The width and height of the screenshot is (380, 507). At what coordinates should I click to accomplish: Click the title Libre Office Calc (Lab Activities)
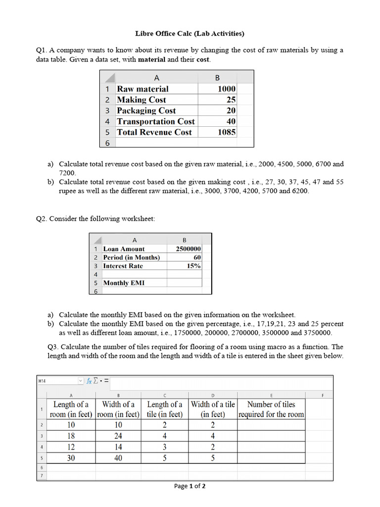(x=190, y=34)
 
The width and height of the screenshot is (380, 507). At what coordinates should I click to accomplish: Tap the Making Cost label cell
(x=142, y=100)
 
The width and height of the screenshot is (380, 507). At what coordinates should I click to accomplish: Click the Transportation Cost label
(x=155, y=121)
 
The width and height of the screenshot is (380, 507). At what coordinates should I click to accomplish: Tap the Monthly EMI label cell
(x=124, y=283)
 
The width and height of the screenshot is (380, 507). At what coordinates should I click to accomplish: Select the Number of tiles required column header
(x=271, y=409)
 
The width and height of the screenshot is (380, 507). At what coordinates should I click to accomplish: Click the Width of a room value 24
(x=118, y=436)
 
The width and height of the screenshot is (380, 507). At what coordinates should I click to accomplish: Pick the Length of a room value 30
(x=71, y=458)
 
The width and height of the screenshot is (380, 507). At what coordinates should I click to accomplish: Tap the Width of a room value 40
(x=118, y=458)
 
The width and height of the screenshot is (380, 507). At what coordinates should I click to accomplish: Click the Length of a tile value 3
(x=165, y=447)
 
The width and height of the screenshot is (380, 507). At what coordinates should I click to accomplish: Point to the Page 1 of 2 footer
(x=190, y=486)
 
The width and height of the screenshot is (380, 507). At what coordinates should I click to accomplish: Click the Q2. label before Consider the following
(x=42, y=218)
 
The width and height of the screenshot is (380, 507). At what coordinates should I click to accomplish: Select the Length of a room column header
(x=71, y=409)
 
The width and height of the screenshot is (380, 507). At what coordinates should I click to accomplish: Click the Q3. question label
(x=53, y=347)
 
